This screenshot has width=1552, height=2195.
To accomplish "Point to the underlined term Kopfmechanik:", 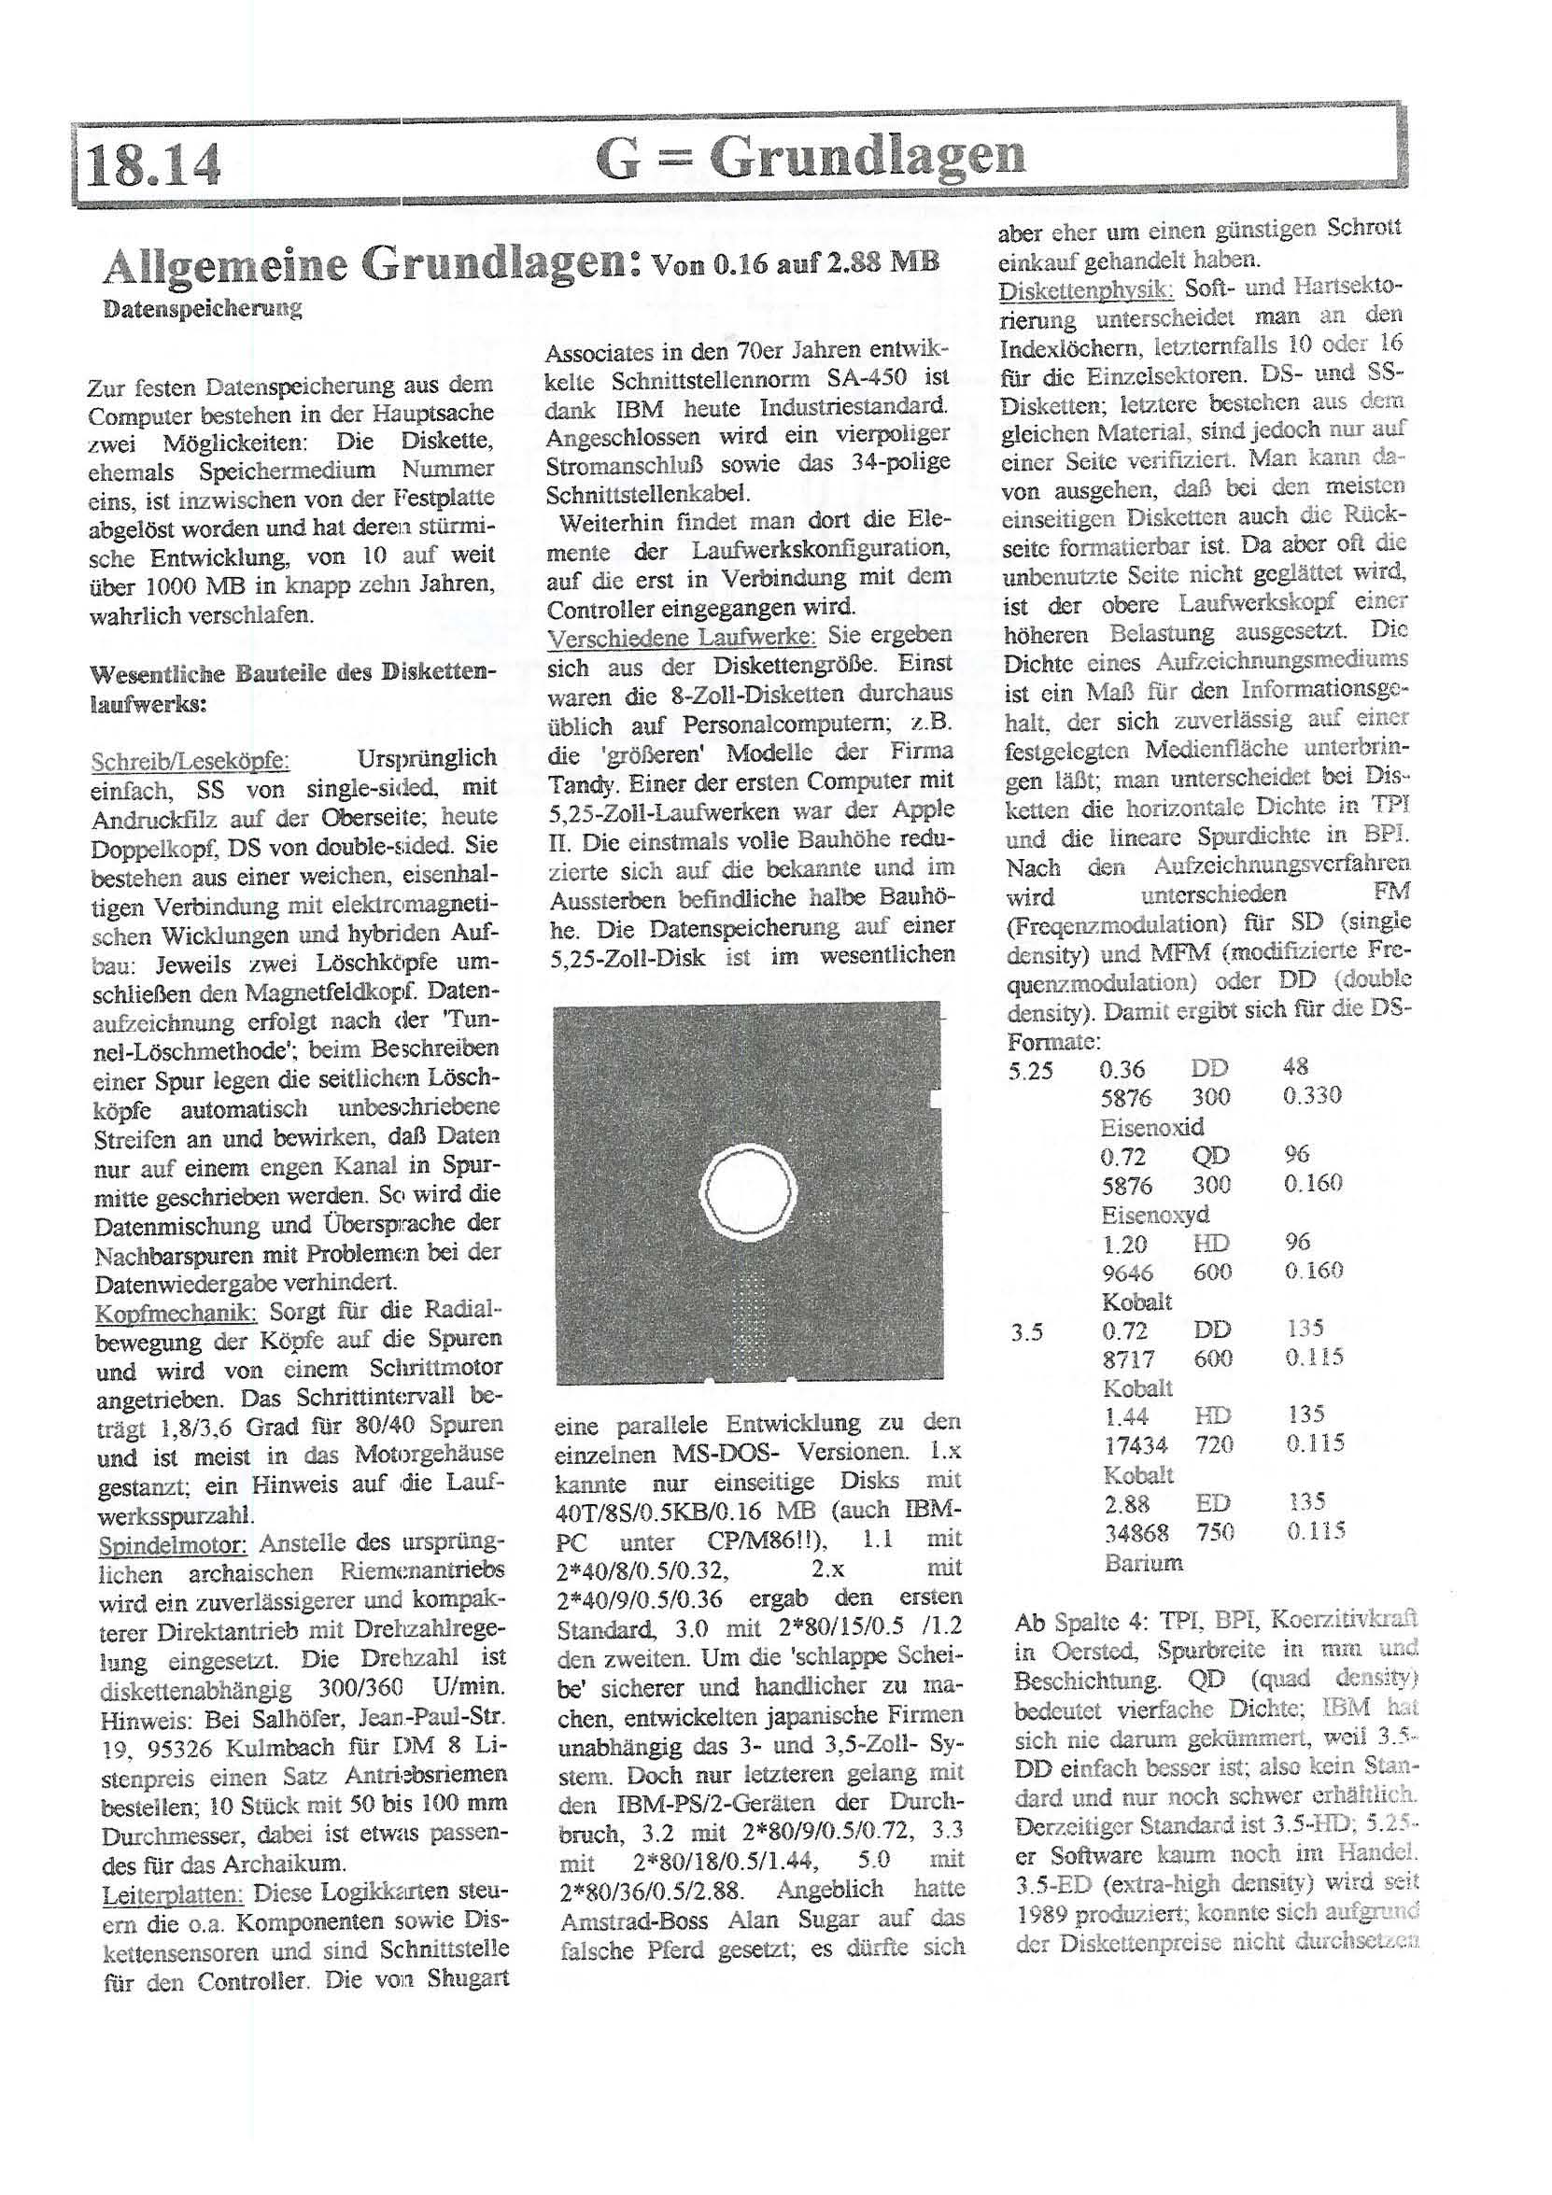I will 176,1314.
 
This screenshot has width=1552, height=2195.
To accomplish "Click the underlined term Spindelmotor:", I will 173,1544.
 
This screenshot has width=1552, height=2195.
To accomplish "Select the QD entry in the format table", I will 1209,1156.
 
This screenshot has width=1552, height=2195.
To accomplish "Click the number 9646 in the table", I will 1127,1273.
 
